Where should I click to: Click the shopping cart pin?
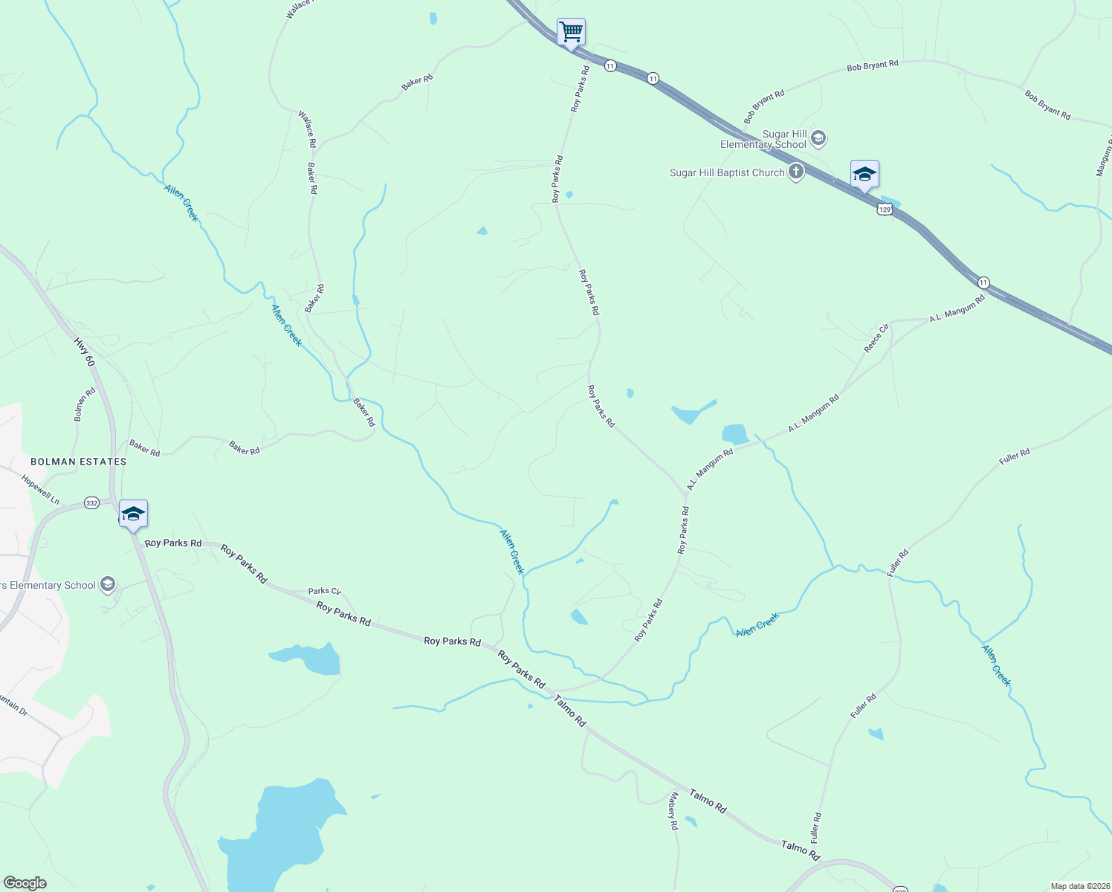coord(571,33)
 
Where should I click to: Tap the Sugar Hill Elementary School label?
coord(763,139)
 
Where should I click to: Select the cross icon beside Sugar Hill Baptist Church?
coord(796,172)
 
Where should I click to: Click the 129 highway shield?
coord(885,210)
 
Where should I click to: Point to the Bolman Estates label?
coord(79,462)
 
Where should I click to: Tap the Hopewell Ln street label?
coord(41,490)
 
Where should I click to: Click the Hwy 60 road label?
coord(85,352)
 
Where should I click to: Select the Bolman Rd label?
coord(85,404)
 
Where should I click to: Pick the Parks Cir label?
coord(324,591)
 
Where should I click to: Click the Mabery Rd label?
coord(673,811)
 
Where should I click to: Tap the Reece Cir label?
coord(876,338)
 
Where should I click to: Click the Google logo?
coord(25,883)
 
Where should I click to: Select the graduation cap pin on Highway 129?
coord(864,175)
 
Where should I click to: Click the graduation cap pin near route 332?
coord(133,514)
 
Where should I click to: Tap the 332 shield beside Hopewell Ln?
coord(91,503)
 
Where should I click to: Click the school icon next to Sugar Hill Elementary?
coord(818,138)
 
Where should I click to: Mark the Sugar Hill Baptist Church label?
coord(727,172)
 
